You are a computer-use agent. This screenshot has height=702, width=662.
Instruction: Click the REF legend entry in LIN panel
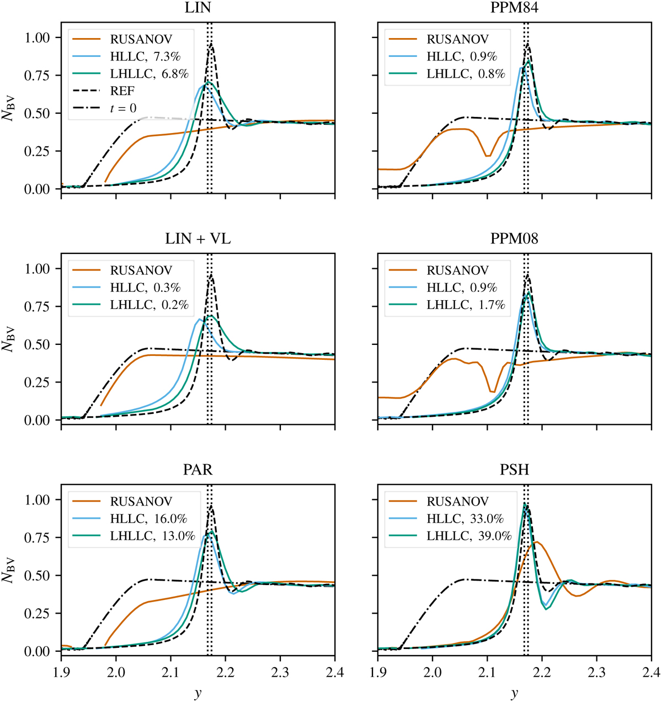[x=123, y=91]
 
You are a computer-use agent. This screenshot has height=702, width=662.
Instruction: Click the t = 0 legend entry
[x=123, y=108]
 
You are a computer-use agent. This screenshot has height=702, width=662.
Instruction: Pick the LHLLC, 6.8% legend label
[x=150, y=74]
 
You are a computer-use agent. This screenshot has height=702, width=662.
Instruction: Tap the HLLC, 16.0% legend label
[x=148, y=519]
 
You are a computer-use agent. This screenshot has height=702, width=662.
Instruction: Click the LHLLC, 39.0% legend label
[x=469, y=536]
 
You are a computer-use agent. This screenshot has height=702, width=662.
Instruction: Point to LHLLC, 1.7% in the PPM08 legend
[x=466, y=305]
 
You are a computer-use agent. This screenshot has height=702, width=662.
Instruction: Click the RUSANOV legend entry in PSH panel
[x=457, y=502]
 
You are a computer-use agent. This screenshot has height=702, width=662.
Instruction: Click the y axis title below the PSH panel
[x=514, y=693]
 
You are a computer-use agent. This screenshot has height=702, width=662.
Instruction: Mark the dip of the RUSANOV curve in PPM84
[x=488, y=156]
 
